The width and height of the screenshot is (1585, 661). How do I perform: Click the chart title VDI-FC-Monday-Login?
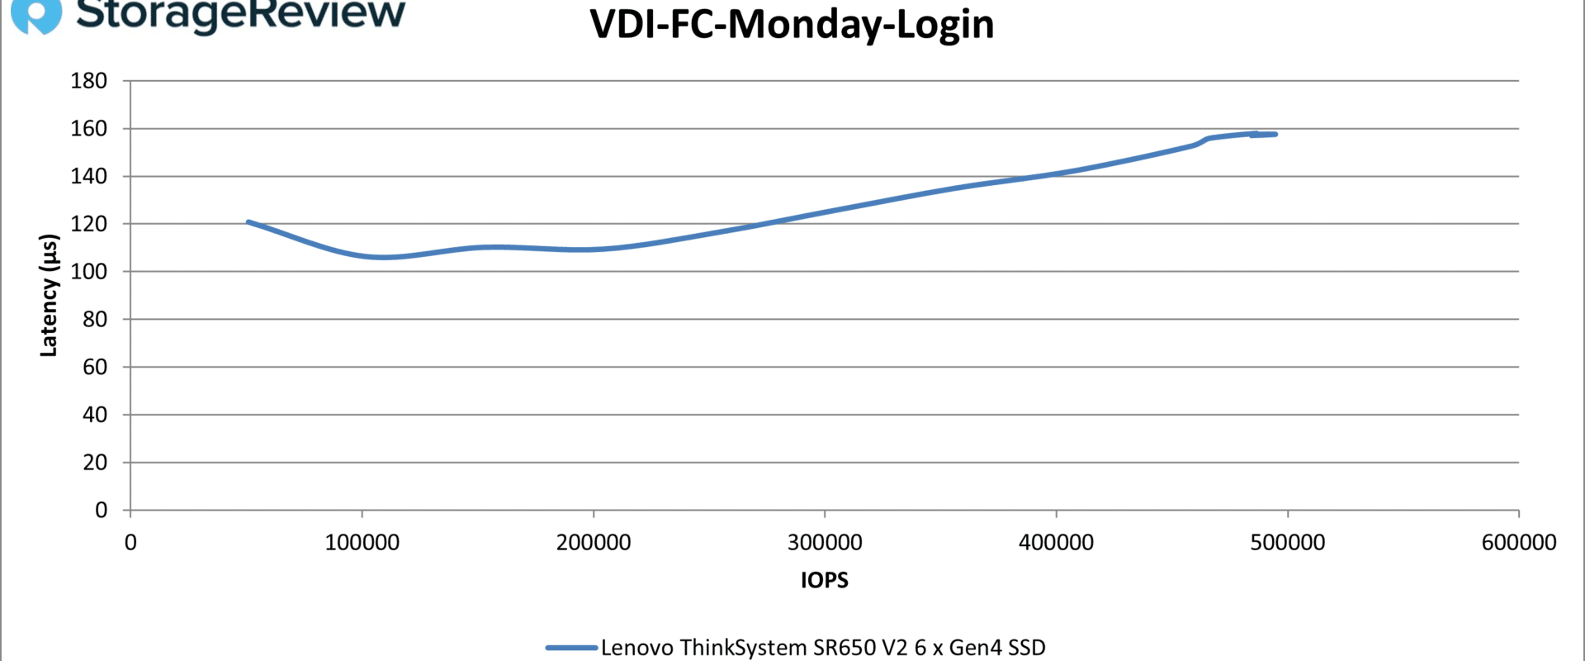pyautogui.click(x=792, y=25)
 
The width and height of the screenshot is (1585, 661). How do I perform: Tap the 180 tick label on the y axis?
pyautogui.click(x=89, y=81)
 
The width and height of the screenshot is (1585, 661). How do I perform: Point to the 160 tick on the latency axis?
pyautogui.click(x=89, y=129)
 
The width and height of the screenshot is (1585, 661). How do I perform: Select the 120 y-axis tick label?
pyautogui.click(x=89, y=224)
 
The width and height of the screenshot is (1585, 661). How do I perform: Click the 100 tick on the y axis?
pyautogui.click(x=89, y=272)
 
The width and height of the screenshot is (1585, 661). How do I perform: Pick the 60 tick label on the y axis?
pyautogui.click(x=95, y=367)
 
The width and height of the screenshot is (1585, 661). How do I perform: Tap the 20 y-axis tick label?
pyautogui.click(x=95, y=463)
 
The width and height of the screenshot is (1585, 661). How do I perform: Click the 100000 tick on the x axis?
pyautogui.click(x=362, y=543)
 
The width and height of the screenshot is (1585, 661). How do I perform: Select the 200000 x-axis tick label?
pyautogui.click(x=594, y=543)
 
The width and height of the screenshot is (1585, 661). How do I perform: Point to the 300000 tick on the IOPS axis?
pyautogui.click(x=825, y=543)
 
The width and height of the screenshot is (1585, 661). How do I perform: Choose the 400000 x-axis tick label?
pyautogui.click(x=1056, y=543)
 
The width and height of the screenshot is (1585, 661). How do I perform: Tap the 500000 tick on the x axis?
pyautogui.click(x=1288, y=543)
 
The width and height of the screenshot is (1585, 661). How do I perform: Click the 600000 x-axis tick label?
pyautogui.click(x=1519, y=543)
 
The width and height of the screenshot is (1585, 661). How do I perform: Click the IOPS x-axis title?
pyautogui.click(x=825, y=580)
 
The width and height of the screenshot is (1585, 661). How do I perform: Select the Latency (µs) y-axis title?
pyautogui.click(x=50, y=296)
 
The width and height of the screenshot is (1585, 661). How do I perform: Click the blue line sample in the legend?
pyautogui.click(x=571, y=648)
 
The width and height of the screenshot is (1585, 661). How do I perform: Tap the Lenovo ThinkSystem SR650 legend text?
pyautogui.click(x=823, y=648)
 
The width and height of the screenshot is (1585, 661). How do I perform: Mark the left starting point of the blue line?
pyautogui.click(x=248, y=221)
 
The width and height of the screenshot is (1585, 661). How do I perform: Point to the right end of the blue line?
pyautogui.click(x=1275, y=134)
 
